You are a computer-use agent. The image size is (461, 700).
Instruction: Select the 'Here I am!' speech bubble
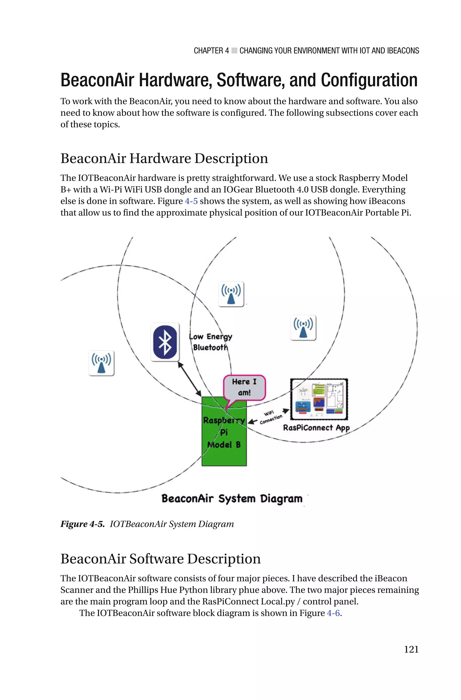(244, 387)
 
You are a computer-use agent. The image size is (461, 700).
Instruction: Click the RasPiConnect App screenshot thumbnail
(319, 399)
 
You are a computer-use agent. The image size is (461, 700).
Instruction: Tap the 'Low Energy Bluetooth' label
(210, 342)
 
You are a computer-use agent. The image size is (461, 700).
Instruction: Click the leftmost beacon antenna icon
(102, 363)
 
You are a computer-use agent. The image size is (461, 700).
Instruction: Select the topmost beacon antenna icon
(231, 294)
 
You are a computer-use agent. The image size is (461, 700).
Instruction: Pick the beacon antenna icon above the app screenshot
(303, 328)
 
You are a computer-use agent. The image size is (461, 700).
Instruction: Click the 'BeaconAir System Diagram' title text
(232, 499)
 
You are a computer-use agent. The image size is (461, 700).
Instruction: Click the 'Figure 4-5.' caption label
(82, 524)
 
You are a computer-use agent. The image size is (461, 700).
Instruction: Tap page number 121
(411, 649)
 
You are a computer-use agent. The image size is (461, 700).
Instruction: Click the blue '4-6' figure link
(333, 613)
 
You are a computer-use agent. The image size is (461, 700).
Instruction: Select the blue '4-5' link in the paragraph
(191, 201)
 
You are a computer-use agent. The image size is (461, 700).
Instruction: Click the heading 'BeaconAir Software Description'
(160, 559)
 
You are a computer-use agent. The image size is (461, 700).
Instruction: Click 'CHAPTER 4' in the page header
(211, 51)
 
